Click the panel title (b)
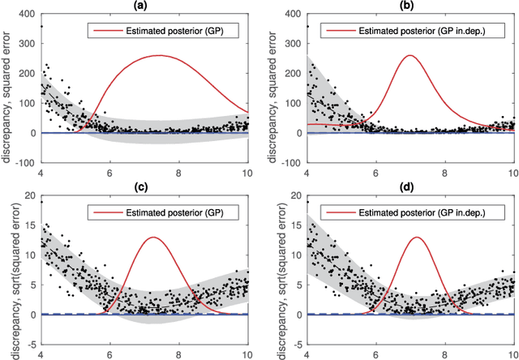410,6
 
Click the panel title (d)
410,187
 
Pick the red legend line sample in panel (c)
103,212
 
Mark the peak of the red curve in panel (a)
160,55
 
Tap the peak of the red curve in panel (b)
410,55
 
